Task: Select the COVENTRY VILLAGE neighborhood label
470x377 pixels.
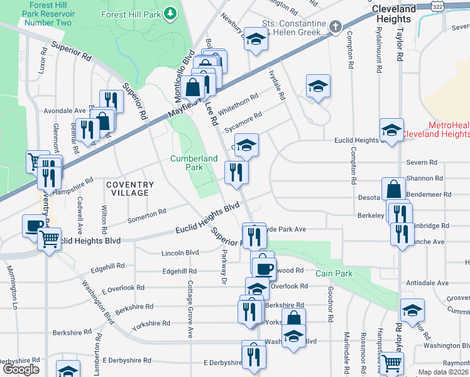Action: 129,188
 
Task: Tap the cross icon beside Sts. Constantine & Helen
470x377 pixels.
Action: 336,26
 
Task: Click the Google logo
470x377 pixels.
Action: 21,369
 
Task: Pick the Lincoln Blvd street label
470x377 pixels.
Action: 180,253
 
